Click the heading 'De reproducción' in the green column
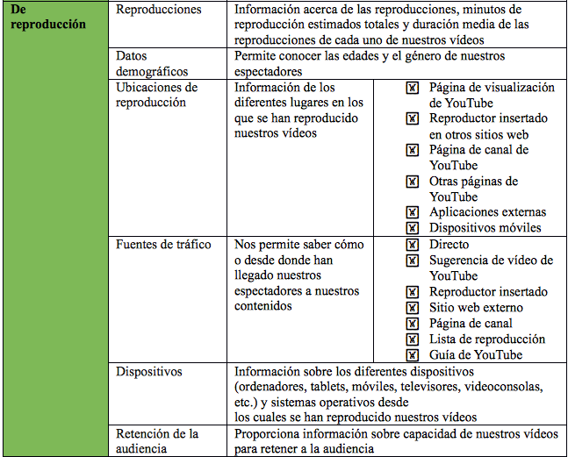(49, 17)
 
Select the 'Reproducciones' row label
(159, 10)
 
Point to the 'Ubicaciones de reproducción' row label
(157, 95)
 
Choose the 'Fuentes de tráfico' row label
(163, 245)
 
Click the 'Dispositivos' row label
(149, 371)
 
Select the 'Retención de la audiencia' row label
(157, 441)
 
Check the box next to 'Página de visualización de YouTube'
(413, 88)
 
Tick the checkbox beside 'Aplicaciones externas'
(413, 212)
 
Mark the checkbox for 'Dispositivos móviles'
(413, 228)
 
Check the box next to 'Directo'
(413, 245)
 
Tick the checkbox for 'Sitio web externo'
(413, 308)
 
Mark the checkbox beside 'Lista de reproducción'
(413, 339)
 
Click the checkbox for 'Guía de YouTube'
(413, 355)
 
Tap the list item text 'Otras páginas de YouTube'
(473, 189)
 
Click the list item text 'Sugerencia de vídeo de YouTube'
(490, 268)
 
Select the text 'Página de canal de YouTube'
(478, 157)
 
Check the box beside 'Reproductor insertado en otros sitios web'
(413, 118)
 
